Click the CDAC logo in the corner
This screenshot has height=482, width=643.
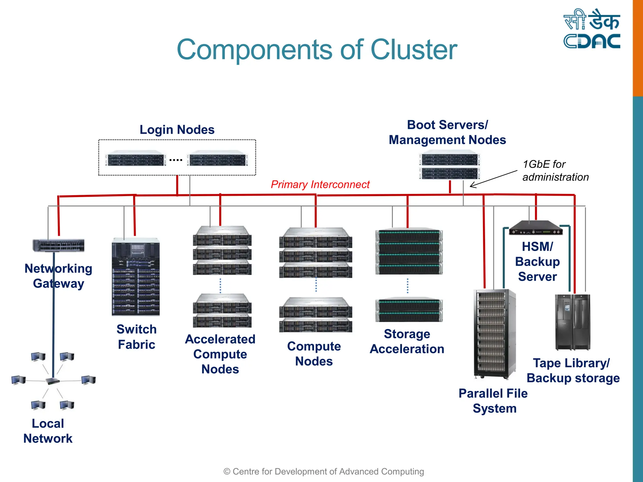pos(592,29)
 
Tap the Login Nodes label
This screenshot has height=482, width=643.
pos(177,130)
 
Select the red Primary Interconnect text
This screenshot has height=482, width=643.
pos(320,185)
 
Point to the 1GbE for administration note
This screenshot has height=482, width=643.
pos(555,171)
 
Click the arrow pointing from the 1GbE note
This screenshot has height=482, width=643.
pos(493,179)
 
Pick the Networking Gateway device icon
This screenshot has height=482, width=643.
pos(59,245)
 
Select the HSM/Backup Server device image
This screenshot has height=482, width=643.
pos(536,228)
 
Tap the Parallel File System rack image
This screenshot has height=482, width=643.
pos(494,334)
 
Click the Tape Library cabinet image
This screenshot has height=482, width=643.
pos(573,322)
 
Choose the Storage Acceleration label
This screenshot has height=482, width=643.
pos(407,341)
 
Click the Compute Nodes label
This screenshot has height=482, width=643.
pos(314,354)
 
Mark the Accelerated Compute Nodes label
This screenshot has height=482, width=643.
pos(220,354)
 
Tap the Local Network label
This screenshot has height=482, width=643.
pos(48,431)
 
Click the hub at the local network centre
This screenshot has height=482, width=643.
pos(52,381)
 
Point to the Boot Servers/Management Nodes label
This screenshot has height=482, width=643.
pos(447,132)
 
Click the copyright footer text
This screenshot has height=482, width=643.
pos(323,471)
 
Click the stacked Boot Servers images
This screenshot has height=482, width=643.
pos(449,165)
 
